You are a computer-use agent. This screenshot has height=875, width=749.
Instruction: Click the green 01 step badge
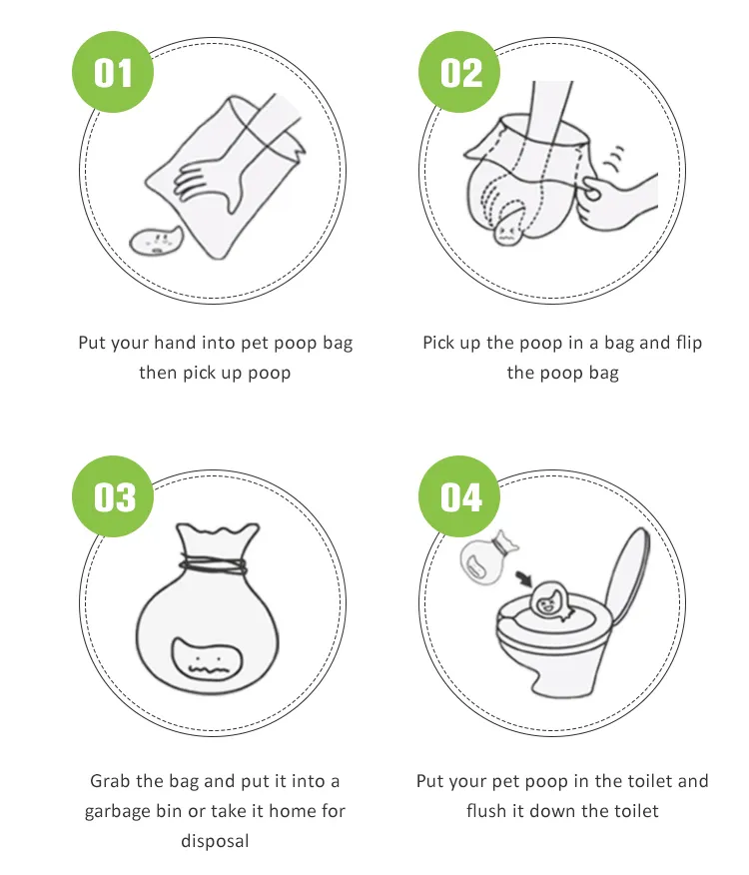(x=113, y=73)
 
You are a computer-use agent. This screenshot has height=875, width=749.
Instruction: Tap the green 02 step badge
(x=460, y=73)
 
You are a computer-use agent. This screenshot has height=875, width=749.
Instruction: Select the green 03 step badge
(x=113, y=496)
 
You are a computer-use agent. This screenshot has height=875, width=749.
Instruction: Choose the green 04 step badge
(x=460, y=496)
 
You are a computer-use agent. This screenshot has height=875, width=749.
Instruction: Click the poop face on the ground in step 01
(x=157, y=242)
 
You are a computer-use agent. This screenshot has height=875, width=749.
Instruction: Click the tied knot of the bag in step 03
(x=212, y=564)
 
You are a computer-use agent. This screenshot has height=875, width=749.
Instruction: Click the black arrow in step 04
(x=521, y=578)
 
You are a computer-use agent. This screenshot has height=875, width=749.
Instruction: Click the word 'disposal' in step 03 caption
(x=215, y=841)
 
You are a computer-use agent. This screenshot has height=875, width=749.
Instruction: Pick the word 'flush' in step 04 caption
(x=488, y=811)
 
